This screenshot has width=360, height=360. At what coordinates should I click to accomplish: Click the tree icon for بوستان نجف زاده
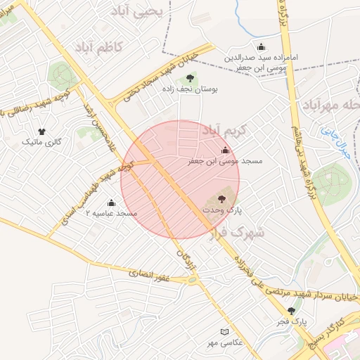[189, 79]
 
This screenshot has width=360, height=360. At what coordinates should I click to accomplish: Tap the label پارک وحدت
[222, 210]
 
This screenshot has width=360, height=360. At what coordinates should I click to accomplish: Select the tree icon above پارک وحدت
[222, 199]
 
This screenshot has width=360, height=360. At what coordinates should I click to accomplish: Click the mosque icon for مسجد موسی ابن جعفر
[225, 150]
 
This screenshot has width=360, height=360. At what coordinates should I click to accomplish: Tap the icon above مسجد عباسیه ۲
[111, 202]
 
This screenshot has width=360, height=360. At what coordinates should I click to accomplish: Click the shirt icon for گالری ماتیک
[42, 131]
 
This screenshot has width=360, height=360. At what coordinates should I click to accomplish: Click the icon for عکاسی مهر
[224, 331]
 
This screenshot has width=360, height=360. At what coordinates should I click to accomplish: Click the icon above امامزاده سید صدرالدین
[262, 47]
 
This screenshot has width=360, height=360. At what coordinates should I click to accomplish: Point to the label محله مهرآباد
[330, 105]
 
